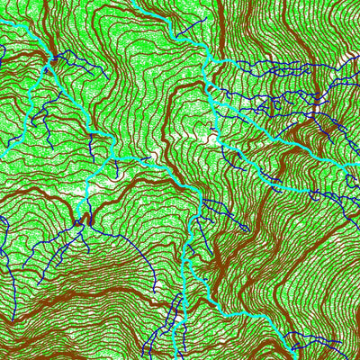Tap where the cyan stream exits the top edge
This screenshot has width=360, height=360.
point(135,2)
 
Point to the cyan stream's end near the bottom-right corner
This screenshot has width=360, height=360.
point(297,356)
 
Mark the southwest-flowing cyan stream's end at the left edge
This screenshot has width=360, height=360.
point(2,153)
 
